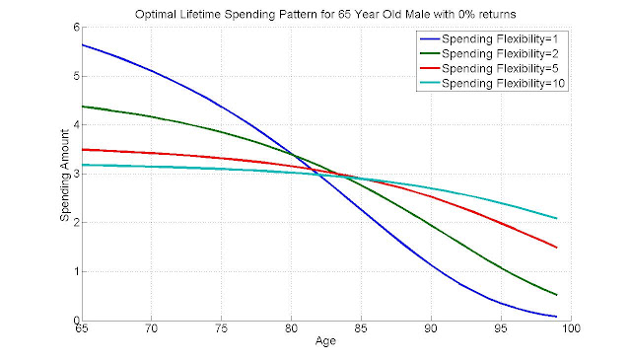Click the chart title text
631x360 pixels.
[325, 15]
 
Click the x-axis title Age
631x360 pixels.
[325, 341]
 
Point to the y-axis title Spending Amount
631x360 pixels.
[65, 176]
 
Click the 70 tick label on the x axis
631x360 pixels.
[151, 328]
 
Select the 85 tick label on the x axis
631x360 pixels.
[361, 328]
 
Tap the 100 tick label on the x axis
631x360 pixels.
[571, 328]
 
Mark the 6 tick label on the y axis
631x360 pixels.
[76, 28]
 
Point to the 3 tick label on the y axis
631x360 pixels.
[76, 174]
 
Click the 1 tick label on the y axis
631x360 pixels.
[76, 272]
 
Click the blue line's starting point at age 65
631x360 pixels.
[82, 44]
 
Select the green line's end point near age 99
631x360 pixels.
[556, 295]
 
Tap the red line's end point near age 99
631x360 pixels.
[556, 248]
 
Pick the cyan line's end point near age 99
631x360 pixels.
[556, 218]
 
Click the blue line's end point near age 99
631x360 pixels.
[556, 317]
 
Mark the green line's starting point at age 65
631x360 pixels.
[82, 107]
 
